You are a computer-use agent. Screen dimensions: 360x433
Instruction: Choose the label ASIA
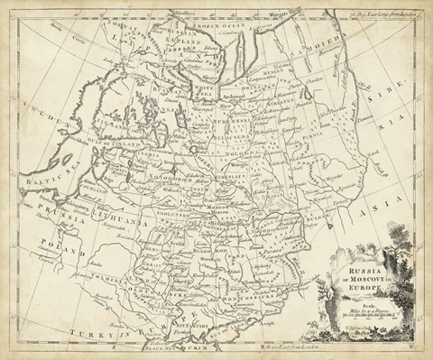[387, 209]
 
